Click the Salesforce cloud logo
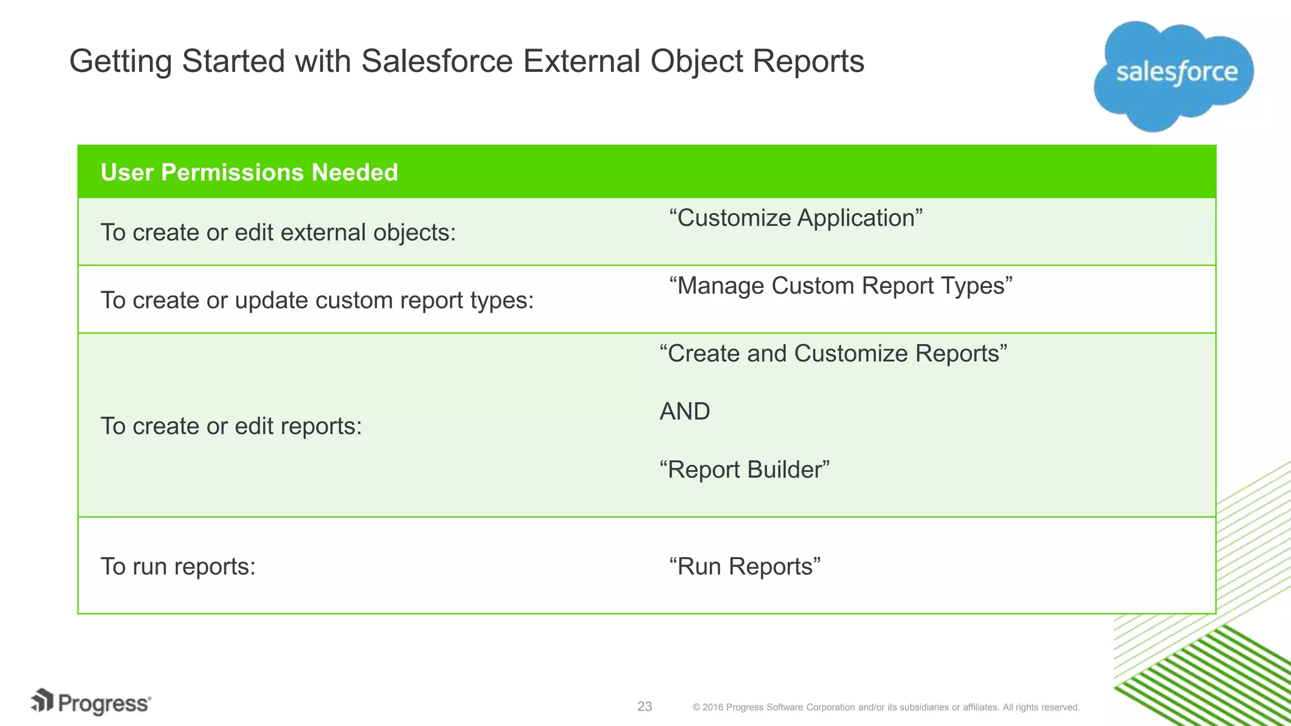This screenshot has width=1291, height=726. [x=1174, y=74]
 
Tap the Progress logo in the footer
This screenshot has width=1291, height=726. [x=91, y=703]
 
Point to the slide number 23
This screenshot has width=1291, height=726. [x=644, y=706]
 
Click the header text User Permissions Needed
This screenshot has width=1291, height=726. [x=249, y=172]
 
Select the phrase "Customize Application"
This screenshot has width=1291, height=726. [x=796, y=218]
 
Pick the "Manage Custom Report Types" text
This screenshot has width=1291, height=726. [x=840, y=285]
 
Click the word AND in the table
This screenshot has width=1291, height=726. [x=685, y=412]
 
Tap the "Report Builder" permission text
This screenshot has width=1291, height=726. [x=744, y=470]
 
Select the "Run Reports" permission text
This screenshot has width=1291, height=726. [x=744, y=567]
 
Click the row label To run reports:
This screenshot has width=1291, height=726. [x=178, y=567]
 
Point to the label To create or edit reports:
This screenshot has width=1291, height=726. [x=231, y=426]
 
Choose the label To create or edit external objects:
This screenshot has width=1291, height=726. [x=278, y=233]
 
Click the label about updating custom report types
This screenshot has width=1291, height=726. [x=317, y=300]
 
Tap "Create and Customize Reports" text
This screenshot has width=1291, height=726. [x=833, y=354]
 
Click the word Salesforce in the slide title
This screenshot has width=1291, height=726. [x=437, y=62]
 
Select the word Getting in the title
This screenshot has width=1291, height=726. [x=120, y=62]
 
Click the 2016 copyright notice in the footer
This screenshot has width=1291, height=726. [x=886, y=707]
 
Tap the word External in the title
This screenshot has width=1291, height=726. [x=581, y=62]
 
